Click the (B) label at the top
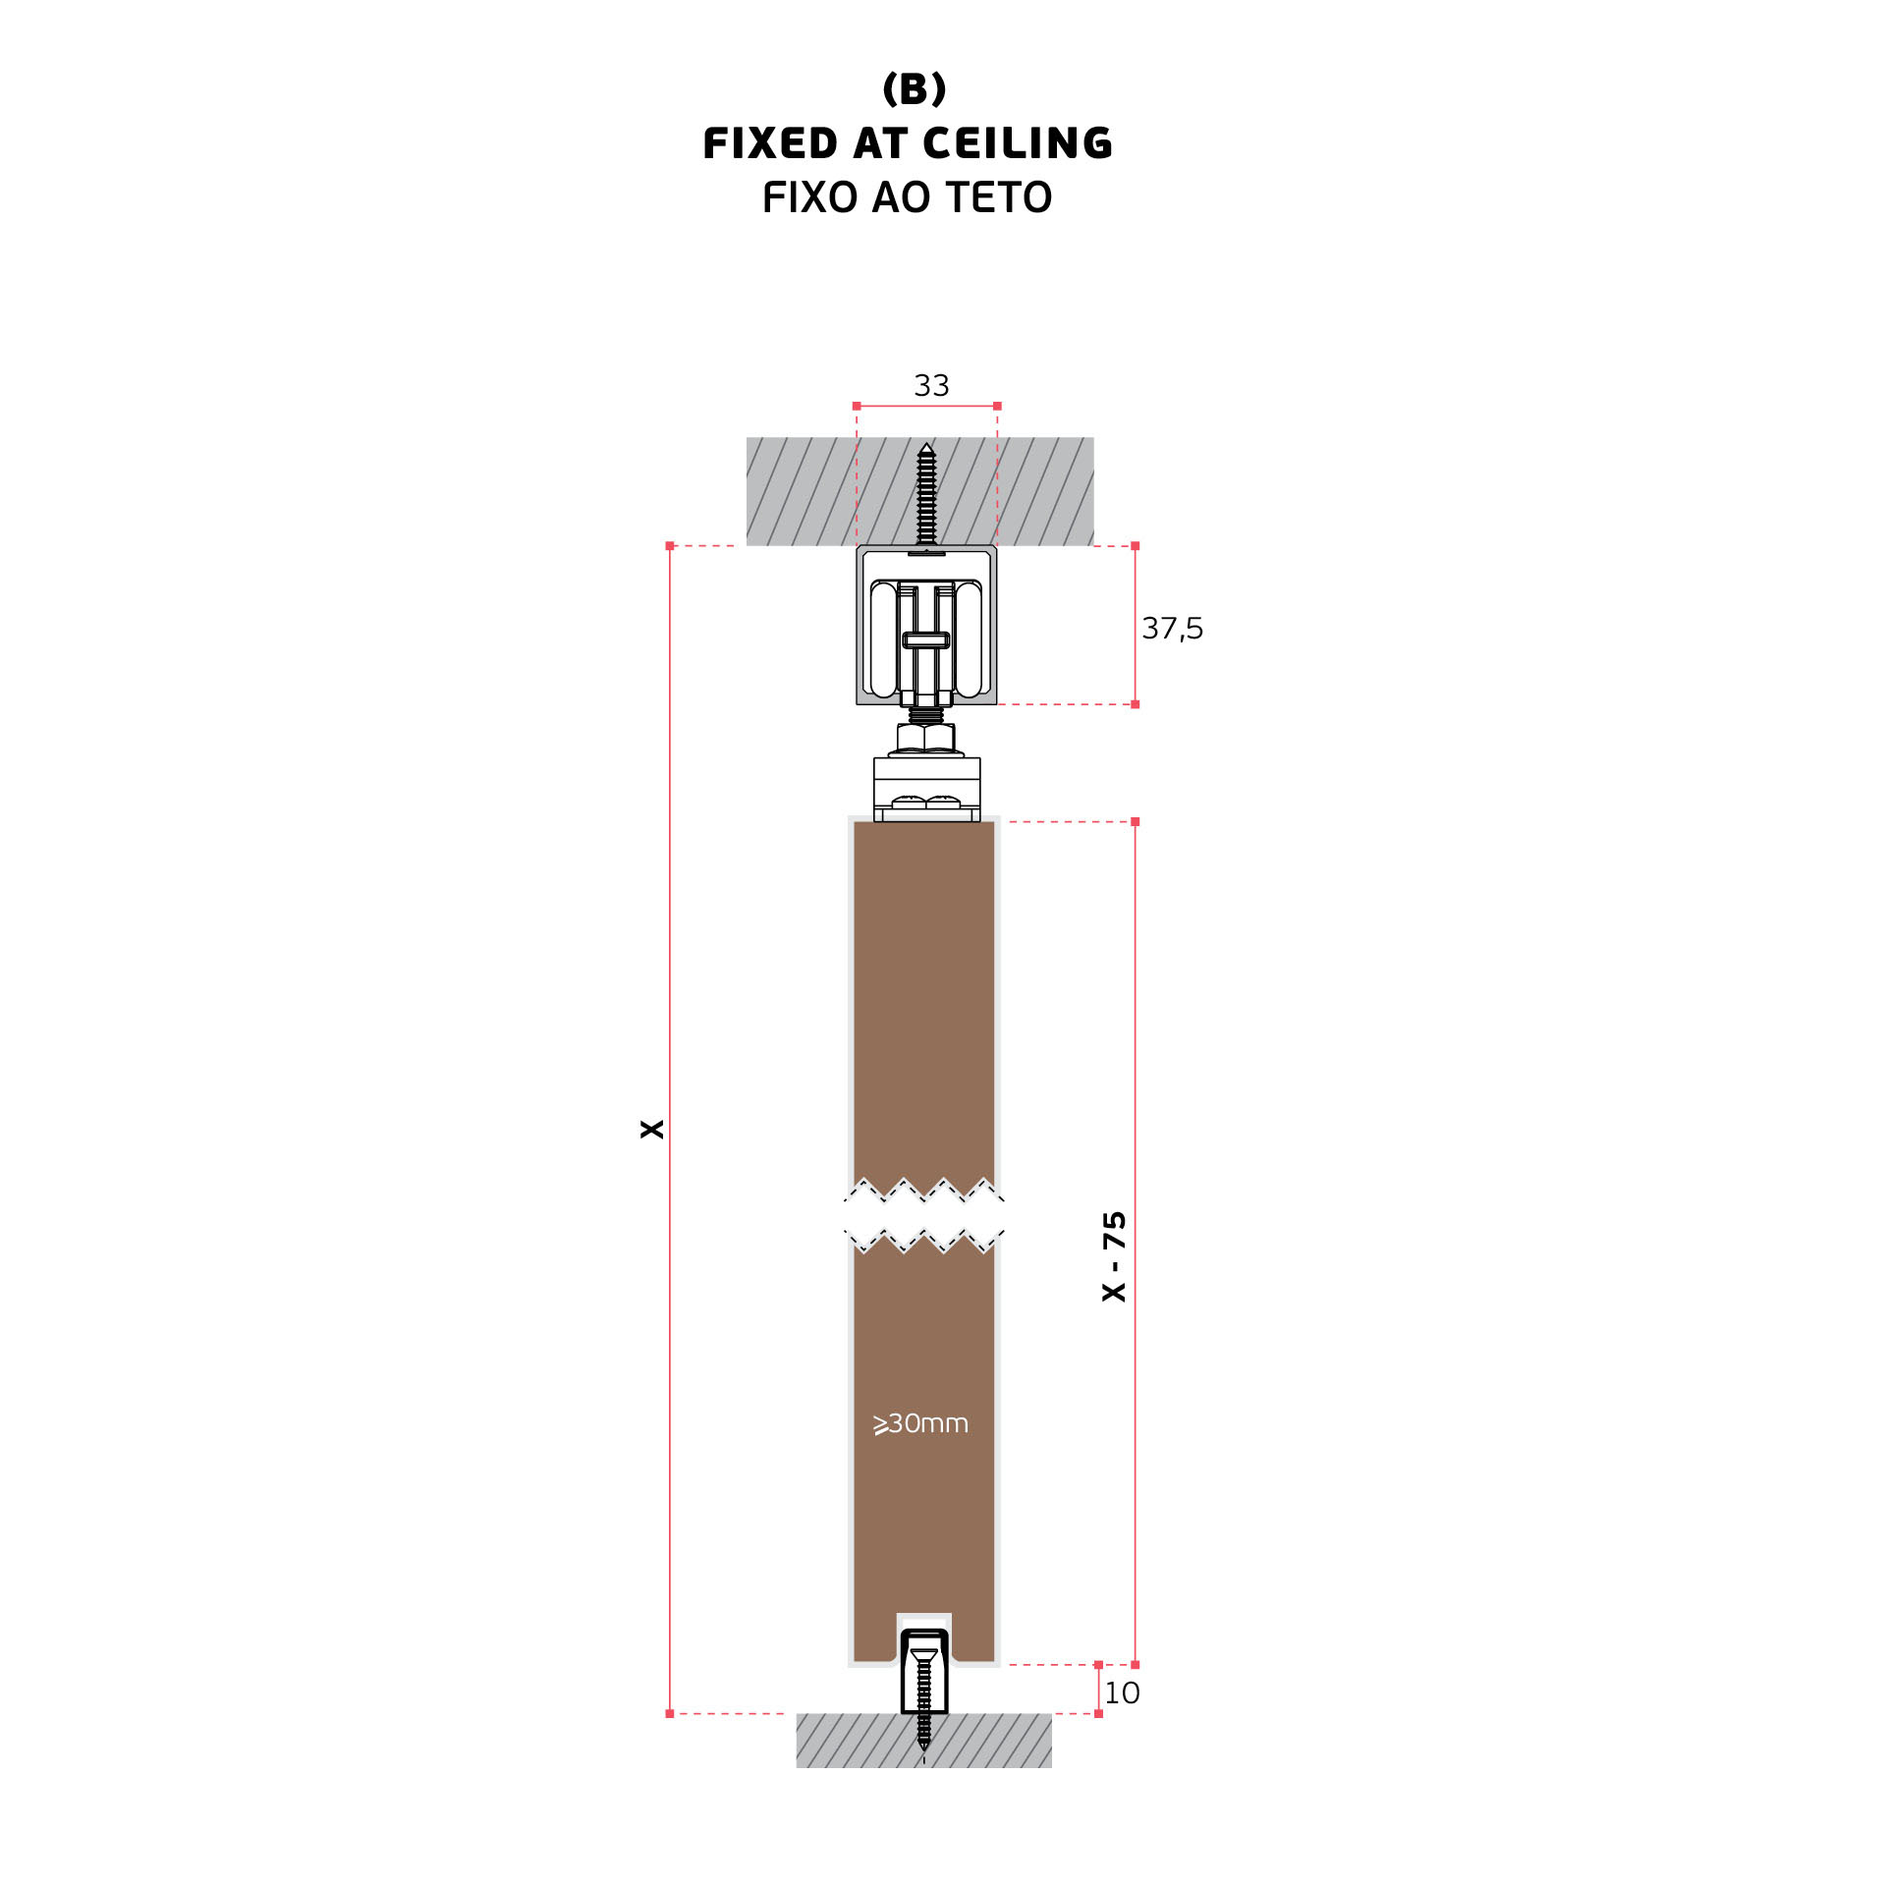click(914, 89)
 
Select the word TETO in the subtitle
click(999, 197)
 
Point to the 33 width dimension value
click(931, 385)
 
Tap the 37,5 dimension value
click(1171, 628)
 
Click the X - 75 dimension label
click(1114, 1256)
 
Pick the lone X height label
click(651, 1129)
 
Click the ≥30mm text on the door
click(920, 1423)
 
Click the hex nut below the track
click(925, 737)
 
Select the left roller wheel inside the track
click(883, 639)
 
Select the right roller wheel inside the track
click(969, 639)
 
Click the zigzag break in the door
click(923, 1216)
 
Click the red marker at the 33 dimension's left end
click(857, 406)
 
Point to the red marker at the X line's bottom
click(670, 1713)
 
